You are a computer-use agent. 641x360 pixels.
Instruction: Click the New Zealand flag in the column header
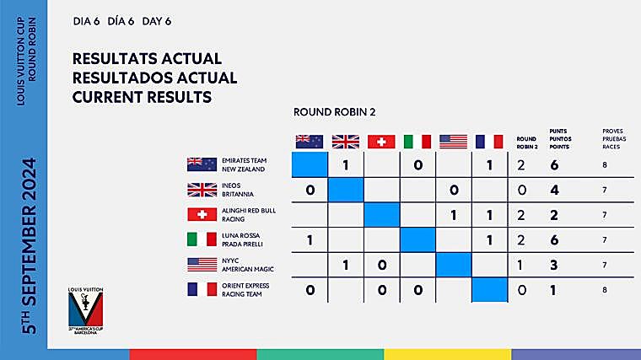[x=309, y=142]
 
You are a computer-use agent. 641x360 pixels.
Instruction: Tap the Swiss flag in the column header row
[x=381, y=142]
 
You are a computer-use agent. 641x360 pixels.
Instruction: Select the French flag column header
[x=489, y=142]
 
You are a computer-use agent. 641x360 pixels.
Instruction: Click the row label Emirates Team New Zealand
[x=244, y=165]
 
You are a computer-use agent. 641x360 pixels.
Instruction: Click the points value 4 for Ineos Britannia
[x=554, y=191]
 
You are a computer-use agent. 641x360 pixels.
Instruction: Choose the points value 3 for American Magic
[x=554, y=266]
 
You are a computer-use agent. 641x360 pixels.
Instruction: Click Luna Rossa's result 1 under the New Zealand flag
[x=310, y=240]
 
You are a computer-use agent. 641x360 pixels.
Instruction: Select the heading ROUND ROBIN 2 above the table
[x=336, y=111]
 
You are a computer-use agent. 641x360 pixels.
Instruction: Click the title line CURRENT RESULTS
[x=142, y=97]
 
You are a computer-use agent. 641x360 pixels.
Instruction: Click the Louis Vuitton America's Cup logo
[x=88, y=311]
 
